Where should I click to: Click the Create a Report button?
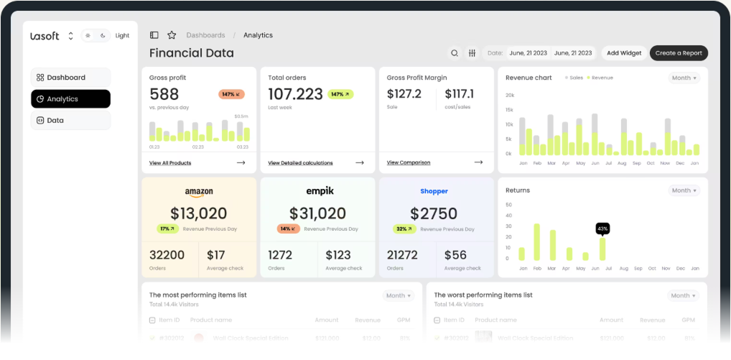[679, 53]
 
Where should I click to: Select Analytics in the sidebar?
[70, 99]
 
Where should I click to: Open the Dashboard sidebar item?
[70, 78]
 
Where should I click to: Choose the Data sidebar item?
[70, 121]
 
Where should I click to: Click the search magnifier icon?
[455, 53]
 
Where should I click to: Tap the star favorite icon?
[172, 35]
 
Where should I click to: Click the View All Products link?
[170, 163]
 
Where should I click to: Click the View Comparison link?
[409, 162]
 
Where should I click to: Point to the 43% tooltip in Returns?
[602, 229]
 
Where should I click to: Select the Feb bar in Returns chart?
[536, 242]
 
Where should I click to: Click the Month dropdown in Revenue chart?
[684, 78]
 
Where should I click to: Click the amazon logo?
[199, 192]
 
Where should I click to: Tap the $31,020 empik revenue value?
[317, 213]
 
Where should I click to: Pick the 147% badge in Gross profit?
[231, 94]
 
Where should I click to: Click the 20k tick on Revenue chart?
[509, 95]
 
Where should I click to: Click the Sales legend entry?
[574, 78]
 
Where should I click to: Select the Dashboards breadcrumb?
[205, 35]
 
